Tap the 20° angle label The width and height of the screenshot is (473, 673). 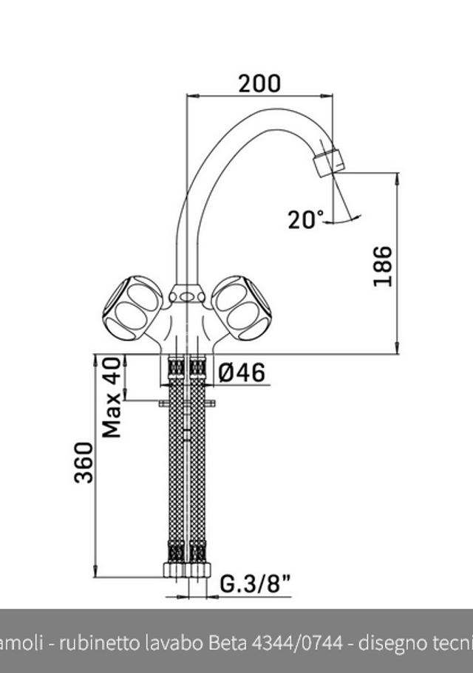(306, 219)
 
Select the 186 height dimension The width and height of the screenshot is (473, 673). (382, 266)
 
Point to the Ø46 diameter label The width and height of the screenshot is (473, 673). (242, 372)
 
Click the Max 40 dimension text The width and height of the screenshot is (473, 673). (112, 397)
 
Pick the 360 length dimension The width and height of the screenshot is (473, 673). (84, 462)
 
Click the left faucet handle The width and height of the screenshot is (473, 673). (132, 307)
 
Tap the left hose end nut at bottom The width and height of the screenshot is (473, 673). (176, 570)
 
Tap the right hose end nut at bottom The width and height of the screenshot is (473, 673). (198, 570)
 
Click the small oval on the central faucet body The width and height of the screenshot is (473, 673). (187, 296)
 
